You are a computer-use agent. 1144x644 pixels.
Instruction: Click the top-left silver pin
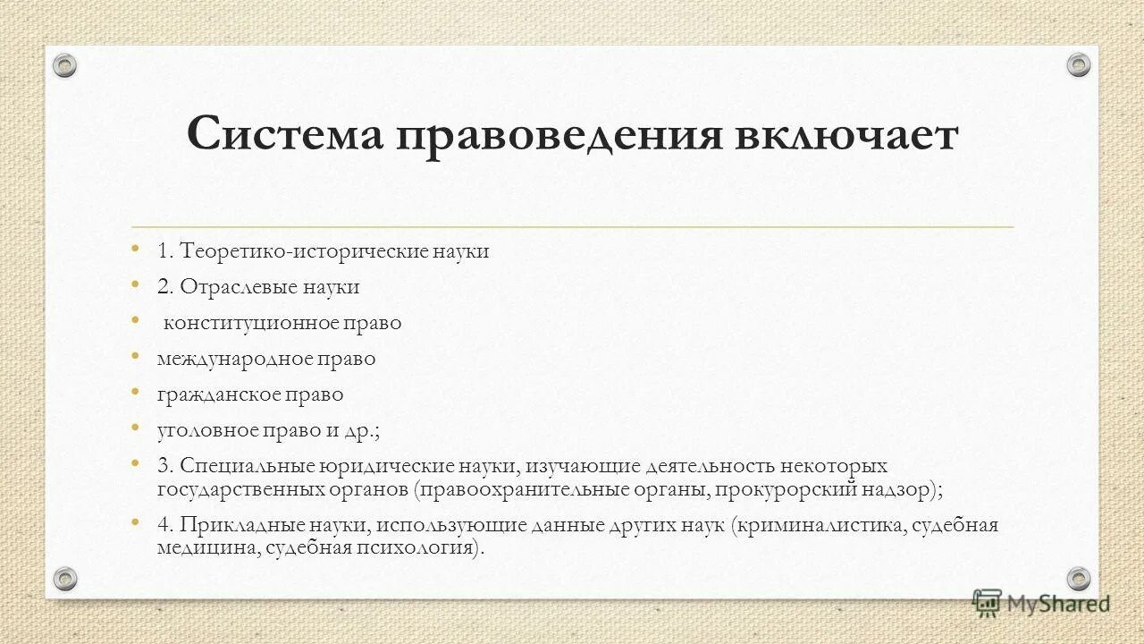[x=65, y=64]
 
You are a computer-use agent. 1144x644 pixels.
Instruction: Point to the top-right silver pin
[x=1079, y=64]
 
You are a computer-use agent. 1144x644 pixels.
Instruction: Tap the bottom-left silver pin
[x=65, y=578]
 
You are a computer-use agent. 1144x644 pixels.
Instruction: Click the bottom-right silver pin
[x=1079, y=578]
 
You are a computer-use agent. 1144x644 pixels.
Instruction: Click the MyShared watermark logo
[x=1042, y=604]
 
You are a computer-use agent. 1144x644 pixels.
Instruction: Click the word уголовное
[x=207, y=430]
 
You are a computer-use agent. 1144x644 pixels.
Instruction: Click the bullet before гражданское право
[x=135, y=393]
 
